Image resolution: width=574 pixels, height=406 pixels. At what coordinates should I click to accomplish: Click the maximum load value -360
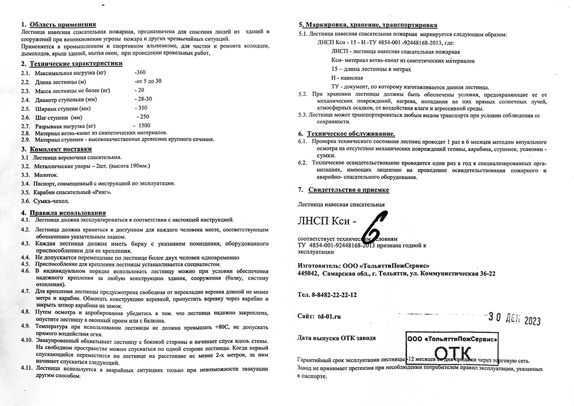(139, 74)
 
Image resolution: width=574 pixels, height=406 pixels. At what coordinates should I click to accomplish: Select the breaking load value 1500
(144, 125)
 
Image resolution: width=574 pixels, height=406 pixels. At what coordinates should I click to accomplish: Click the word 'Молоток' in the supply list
(45, 174)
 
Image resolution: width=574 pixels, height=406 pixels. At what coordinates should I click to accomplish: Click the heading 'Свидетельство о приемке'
(348, 189)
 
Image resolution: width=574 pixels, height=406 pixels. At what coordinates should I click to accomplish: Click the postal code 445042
(308, 274)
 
